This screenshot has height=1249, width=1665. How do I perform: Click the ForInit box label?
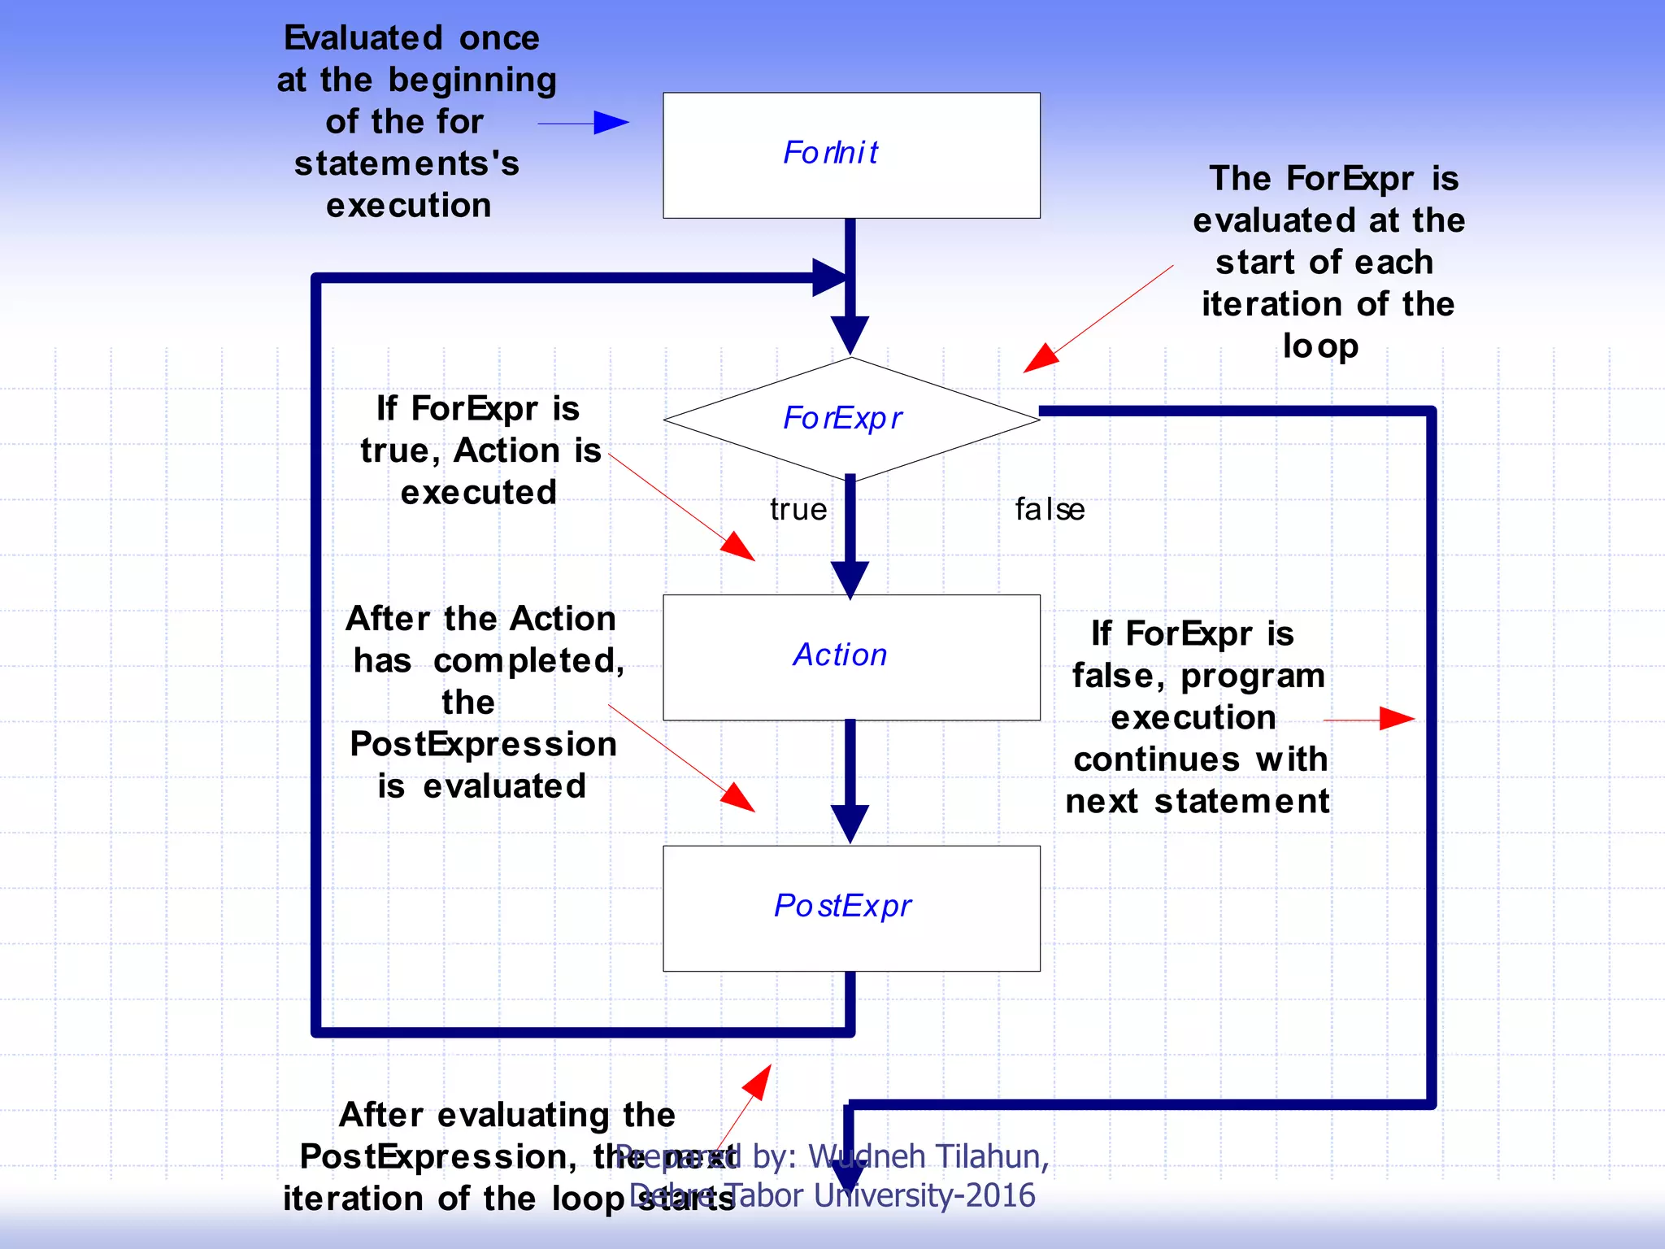tap(831, 153)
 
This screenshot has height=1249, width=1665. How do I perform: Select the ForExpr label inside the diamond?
tap(842, 419)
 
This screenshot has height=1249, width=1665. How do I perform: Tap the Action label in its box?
tap(840, 655)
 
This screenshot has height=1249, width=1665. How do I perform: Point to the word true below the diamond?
tap(798, 510)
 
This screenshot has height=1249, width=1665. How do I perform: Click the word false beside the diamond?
tap(1050, 510)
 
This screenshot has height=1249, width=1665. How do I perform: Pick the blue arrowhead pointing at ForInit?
tap(611, 124)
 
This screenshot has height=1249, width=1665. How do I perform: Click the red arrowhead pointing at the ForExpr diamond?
tap(1040, 359)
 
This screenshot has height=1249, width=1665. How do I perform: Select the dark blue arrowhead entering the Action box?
tap(850, 579)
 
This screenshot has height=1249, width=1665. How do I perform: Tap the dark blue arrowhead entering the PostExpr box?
tap(850, 822)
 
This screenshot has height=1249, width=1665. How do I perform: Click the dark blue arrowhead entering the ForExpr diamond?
tap(850, 334)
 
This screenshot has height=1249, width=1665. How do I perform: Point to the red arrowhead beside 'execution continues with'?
tap(1397, 719)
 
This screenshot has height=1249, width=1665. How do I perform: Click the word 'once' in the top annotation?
tap(498, 38)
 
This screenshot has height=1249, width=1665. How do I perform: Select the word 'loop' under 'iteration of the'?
tap(1320, 346)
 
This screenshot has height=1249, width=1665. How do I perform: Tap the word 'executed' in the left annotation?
tap(478, 493)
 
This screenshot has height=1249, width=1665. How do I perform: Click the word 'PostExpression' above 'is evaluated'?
tap(483, 745)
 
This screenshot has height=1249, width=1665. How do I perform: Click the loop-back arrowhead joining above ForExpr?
tap(830, 278)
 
